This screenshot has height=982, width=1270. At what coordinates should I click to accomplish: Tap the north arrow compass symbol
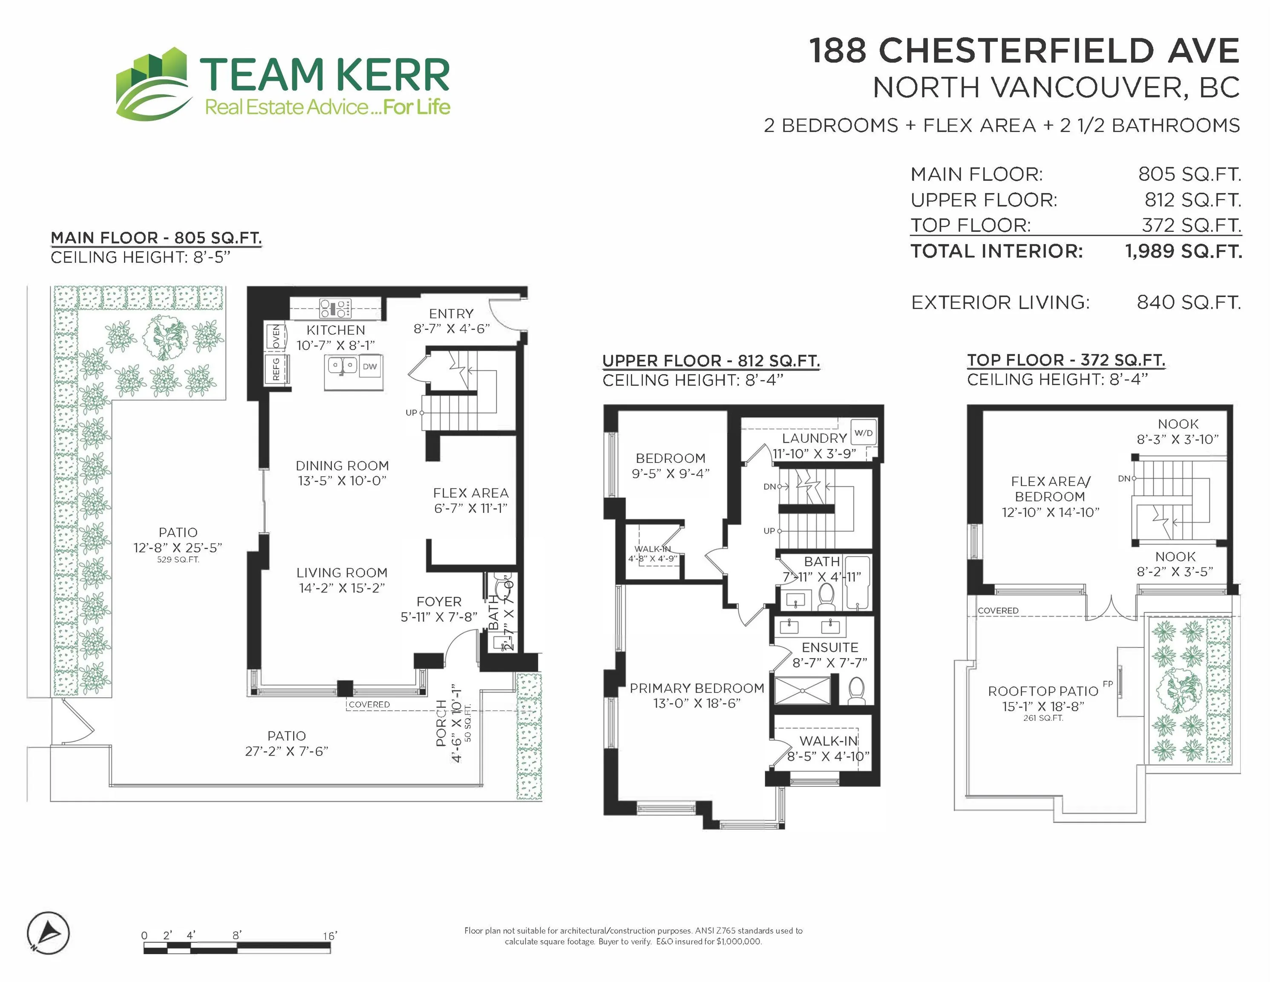pyautogui.click(x=48, y=934)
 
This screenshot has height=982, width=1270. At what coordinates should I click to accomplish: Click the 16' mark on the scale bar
pyautogui.click(x=330, y=936)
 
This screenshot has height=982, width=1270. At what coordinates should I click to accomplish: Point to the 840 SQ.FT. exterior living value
pyautogui.click(x=1188, y=303)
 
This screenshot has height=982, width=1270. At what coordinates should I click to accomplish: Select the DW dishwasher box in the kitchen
pyautogui.click(x=370, y=367)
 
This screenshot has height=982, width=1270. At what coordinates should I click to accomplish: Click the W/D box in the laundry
pyautogui.click(x=864, y=433)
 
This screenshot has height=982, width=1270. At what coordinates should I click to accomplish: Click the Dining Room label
pyautogui.click(x=342, y=466)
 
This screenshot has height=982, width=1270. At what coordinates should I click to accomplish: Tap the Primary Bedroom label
pyautogui.click(x=697, y=688)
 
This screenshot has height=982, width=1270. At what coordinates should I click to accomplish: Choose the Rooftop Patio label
pyautogui.click(x=1042, y=691)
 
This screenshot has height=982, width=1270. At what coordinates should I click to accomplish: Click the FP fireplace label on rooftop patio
pyautogui.click(x=1107, y=684)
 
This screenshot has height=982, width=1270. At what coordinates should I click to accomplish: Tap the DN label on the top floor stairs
pyautogui.click(x=1124, y=478)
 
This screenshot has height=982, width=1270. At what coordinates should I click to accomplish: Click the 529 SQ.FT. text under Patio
pyautogui.click(x=178, y=560)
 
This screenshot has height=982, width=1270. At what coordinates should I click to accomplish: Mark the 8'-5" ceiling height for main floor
pyautogui.click(x=212, y=257)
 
